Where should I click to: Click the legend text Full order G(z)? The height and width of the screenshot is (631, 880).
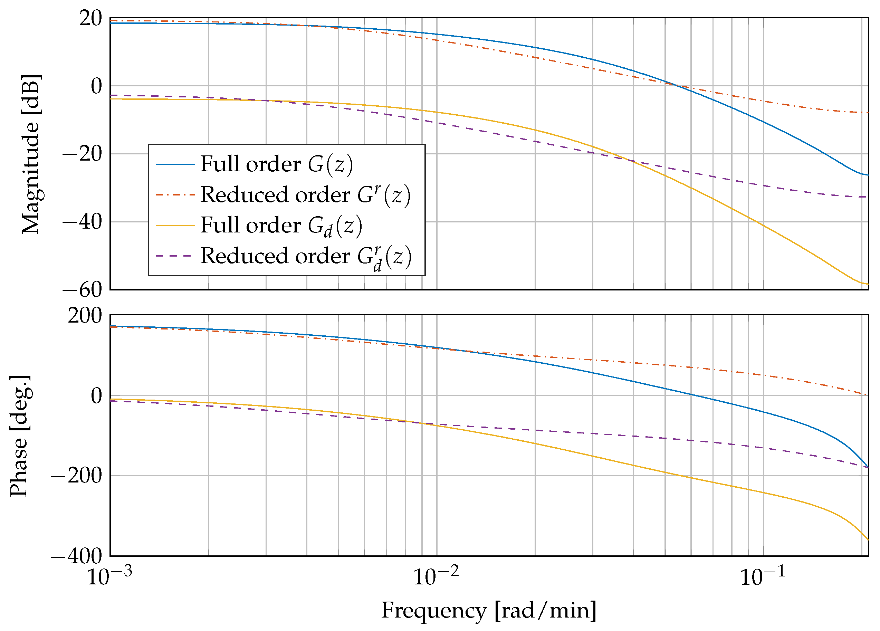pyautogui.click(x=276, y=164)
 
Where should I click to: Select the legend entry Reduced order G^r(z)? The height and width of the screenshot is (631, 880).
pyautogui.click(x=305, y=195)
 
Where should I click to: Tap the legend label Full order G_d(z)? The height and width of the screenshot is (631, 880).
pyautogui.click(x=281, y=226)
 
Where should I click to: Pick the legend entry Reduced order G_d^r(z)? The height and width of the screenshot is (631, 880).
pyautogui.click(x=306, y=257)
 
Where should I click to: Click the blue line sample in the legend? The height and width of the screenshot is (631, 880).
pyautogui.click(x=175, y=164)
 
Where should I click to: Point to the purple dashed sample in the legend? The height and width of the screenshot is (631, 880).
pyautogui.click(x=175, y=256)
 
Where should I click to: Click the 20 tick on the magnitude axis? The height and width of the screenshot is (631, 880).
pyautogui.click(x=90, y=18)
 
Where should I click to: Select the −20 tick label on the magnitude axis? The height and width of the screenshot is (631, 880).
pyautogui.click(x=82, y=154)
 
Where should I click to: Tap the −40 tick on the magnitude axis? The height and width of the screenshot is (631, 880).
pyautogui.click(x=82, y=222)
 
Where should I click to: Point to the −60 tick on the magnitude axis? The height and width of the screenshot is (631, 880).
pyautogui.click(x=82, y=290)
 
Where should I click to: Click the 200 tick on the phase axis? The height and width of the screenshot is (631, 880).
pyautogui.click(x=85, y=316)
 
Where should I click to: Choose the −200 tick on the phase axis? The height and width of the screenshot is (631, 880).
pyautogui.click(x=76, y=475)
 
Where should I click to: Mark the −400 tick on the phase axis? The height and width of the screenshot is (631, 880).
pyautogui.click(x=76, y=556)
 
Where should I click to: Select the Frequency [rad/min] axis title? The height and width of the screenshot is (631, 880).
pyautogui.click(x=488, y=610)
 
